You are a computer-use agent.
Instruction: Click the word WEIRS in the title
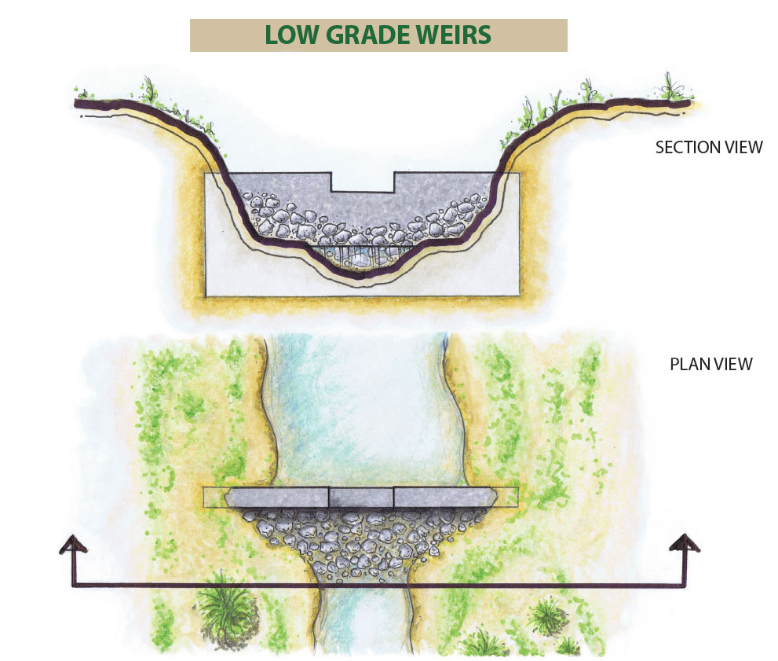coord(451,35)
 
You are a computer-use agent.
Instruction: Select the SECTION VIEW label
coord(708,147)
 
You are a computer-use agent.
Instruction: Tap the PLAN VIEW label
coord(710,364)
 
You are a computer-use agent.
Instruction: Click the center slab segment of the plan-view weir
coord(360,498)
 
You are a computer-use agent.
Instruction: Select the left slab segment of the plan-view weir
coord(278,498)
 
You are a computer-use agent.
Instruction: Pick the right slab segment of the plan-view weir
coord(444,498)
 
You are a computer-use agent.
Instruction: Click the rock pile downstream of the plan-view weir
coord(361,542)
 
